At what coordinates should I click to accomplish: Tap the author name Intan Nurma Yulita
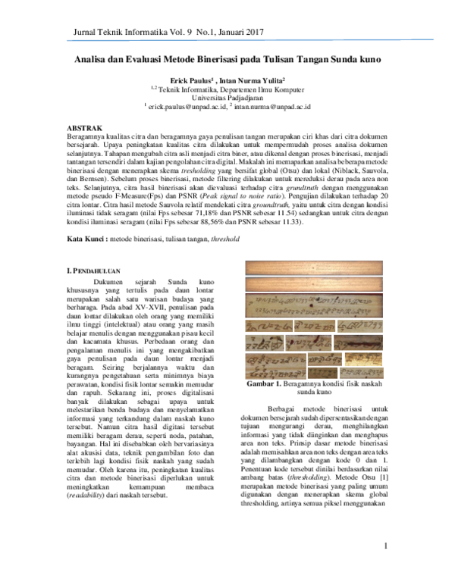251,80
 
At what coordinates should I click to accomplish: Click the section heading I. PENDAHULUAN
99,271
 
